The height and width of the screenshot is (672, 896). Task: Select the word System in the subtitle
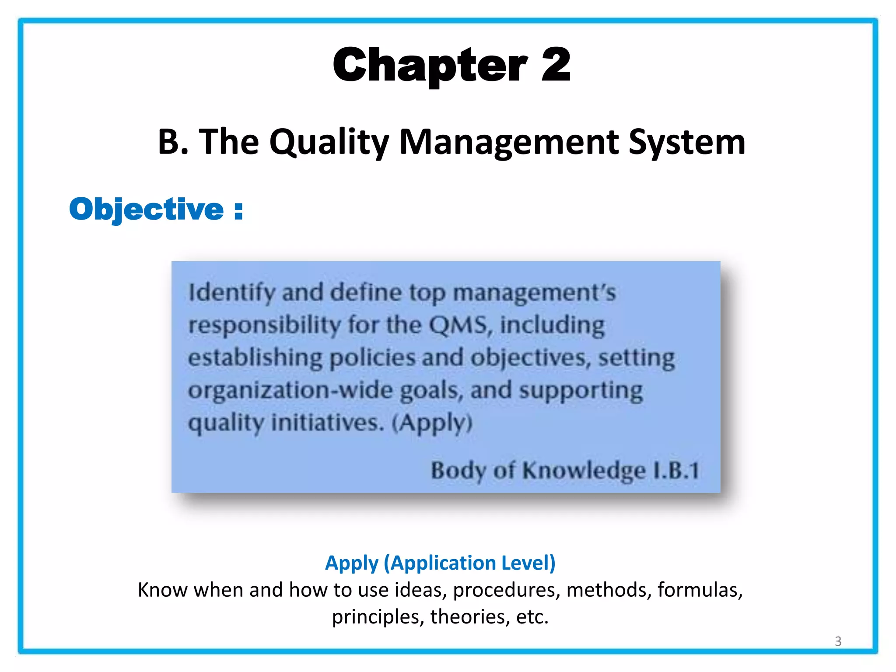[x=687, y=142]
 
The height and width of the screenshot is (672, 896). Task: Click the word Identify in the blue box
[x=231, y=293]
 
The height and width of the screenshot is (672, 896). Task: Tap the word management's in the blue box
[x=534, y=293]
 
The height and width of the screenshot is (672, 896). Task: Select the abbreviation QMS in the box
[x=458, y=325]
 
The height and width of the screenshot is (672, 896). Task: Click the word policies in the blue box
[x=371, y=358]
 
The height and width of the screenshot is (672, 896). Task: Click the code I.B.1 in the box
[x=675, y=470]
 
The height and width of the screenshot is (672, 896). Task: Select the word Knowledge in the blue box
[x=584, y=471]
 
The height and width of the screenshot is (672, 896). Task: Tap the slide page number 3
[x=838, y=641]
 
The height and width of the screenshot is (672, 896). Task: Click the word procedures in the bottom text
[x=507, y=590]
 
